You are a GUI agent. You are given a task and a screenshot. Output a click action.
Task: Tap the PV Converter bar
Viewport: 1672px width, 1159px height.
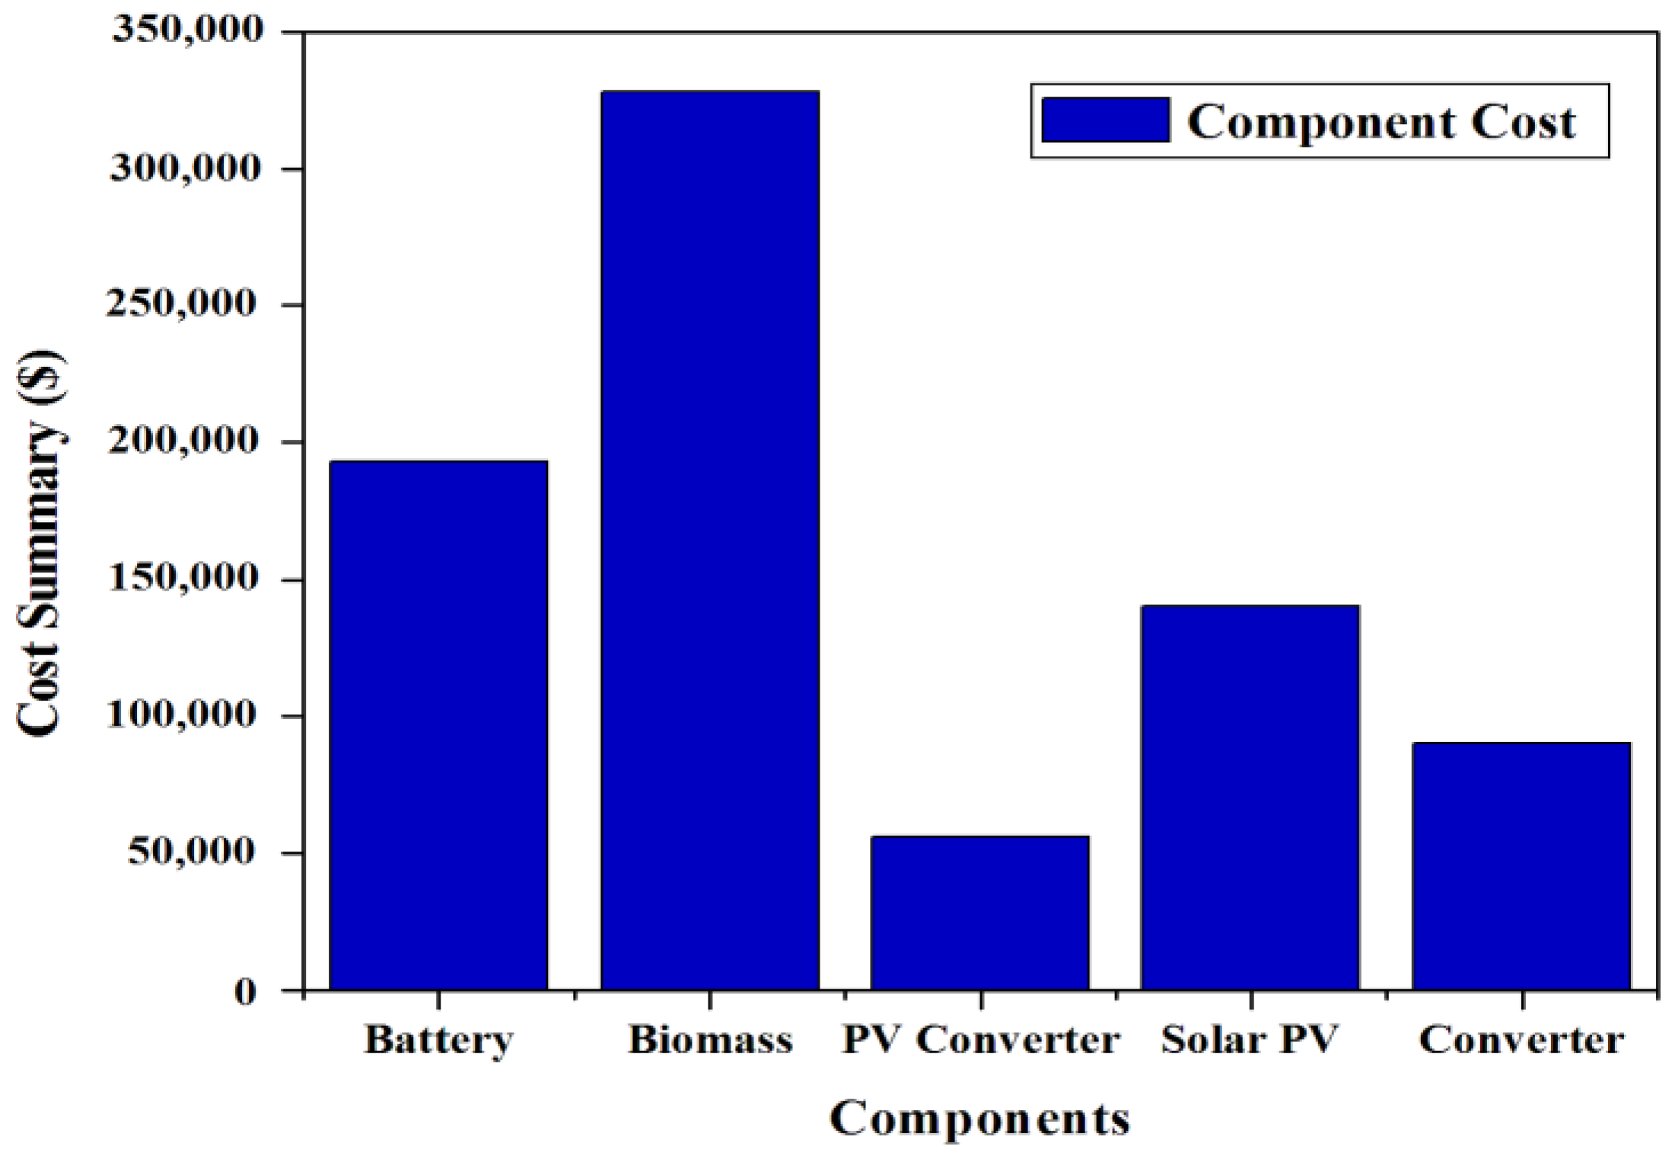(980, 912)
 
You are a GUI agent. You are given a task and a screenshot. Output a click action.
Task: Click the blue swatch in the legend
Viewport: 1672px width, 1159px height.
(1105, 120)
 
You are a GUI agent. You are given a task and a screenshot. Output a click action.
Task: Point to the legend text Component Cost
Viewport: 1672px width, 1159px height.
(1381, 122)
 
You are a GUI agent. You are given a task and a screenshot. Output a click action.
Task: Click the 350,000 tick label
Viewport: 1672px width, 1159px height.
(187, 30)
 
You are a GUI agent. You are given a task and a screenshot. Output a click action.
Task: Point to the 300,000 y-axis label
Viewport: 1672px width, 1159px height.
(186, 167)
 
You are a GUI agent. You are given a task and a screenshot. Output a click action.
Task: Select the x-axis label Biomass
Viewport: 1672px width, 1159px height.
(709, 1040)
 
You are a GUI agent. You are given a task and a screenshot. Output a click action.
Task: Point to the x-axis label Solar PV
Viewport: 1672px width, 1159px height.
(1249, 1040)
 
